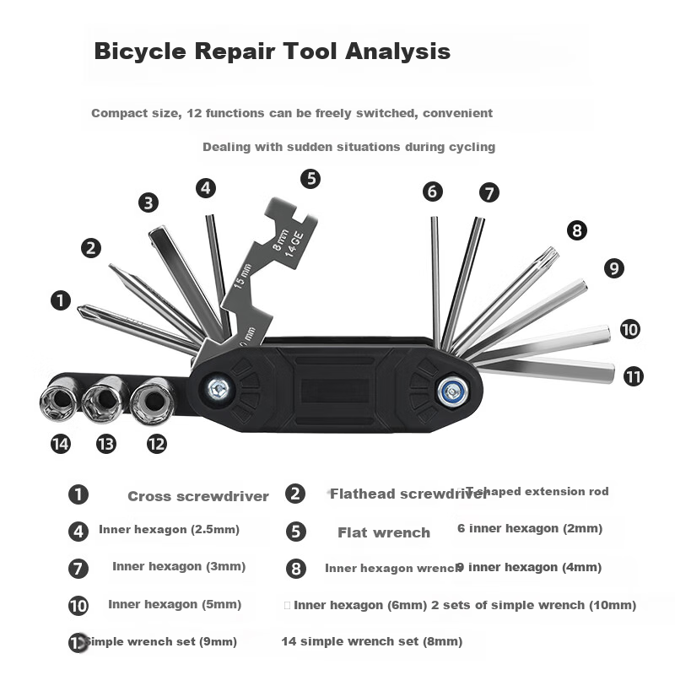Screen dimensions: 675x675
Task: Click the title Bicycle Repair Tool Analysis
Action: tap(272, 51)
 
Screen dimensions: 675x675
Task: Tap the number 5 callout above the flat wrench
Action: tap(310, 179)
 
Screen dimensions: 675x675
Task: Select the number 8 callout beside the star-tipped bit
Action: tap(577, 230)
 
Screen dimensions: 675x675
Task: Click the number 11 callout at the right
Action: tap(634, 376)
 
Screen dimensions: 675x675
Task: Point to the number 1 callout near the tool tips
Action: tap(61, 300)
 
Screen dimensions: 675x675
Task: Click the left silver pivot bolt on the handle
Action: tap(219, 389)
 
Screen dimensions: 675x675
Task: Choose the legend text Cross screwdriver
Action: tap(198, 496)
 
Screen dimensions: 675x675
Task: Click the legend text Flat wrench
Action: tap(384, 532)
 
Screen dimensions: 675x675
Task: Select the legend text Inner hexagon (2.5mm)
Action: tap(169, 530)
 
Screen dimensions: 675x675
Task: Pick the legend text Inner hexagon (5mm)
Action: tap(175, 604)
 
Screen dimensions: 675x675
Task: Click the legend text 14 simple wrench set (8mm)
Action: tap(372, 641)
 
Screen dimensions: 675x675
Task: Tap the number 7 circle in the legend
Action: tap(78, 568)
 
